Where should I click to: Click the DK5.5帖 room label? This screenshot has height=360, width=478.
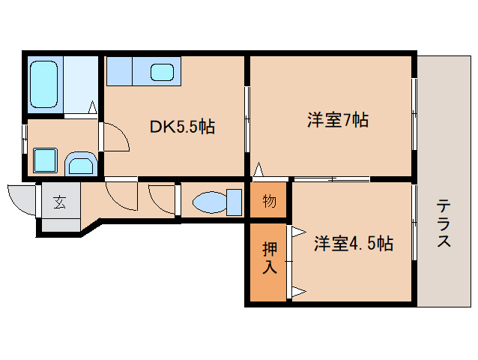coord(182,127)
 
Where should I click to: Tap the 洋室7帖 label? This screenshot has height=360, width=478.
coord(337,119)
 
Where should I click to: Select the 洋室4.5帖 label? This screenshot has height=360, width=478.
coord(352,244)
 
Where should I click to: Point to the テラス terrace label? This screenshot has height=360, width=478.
coord(444,223)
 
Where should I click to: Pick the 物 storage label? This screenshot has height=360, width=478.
coord(269,201)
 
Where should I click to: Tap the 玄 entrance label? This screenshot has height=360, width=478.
coord(58,201)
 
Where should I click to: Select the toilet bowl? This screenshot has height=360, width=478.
coord(209,202)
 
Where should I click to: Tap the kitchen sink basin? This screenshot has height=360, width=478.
coord(162,73)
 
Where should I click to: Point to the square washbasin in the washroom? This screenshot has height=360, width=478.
coord(45,160)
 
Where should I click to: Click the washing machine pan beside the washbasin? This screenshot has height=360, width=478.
coord(79,163)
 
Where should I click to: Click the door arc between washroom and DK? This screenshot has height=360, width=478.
coord(114,137)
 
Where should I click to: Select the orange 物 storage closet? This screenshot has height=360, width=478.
coord(268,201)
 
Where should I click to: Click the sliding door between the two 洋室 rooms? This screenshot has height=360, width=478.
coord(331,178)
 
